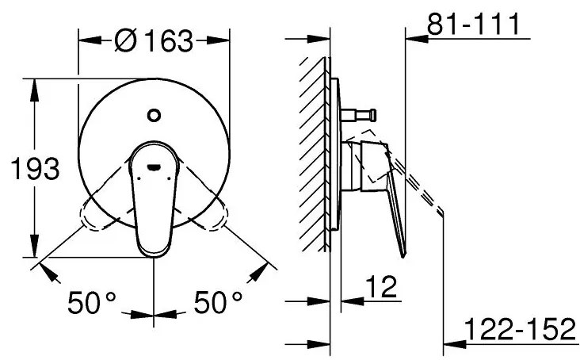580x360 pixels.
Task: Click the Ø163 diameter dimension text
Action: (x=154, y=40)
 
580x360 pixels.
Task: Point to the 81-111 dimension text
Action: (x=473, y=24)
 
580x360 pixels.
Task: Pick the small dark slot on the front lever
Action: (x=152, y=167)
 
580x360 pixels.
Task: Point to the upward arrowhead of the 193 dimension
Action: (x=32, y=86)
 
